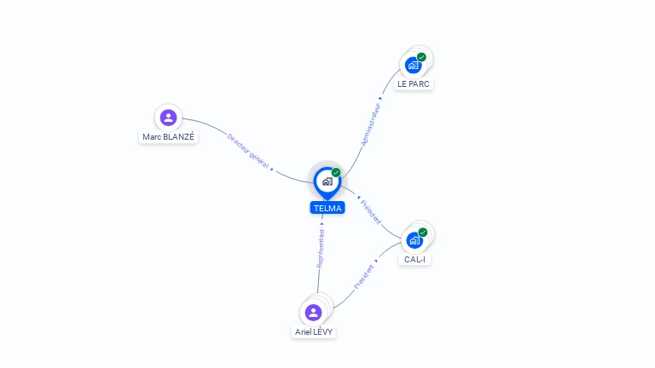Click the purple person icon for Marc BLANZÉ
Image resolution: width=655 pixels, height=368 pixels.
(168, 118)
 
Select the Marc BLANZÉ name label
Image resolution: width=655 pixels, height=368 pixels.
(168, 136)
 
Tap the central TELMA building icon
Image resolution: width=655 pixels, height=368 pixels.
(327, 181)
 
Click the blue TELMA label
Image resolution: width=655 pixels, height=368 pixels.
(327, 208)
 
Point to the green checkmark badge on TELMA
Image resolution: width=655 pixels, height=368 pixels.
(336, 173)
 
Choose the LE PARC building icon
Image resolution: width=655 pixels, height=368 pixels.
(414, 65)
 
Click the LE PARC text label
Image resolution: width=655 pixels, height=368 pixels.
(414, 84)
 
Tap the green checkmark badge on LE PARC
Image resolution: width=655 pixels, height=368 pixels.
(421, 57)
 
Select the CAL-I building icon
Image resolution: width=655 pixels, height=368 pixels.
(414, 240)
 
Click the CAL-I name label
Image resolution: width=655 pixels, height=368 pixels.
(414, 259)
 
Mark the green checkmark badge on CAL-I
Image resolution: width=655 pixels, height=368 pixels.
(422, 233)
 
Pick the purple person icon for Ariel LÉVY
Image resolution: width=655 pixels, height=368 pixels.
(313, 312)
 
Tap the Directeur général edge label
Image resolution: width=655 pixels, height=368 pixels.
(246, 149)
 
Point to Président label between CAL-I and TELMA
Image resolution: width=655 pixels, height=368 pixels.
(371, 212)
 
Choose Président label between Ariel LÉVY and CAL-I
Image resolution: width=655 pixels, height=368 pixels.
(364, 277)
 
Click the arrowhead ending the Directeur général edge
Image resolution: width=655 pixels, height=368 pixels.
(272, 169)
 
